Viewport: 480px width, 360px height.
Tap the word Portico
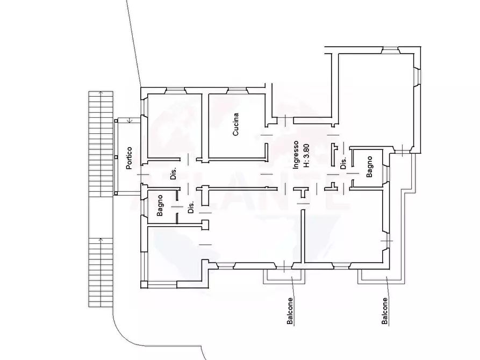click(x=129, y=159)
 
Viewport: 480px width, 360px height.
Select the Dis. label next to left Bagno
click(x=191, y=207)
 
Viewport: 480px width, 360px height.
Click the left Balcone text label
click(x=290, y=311)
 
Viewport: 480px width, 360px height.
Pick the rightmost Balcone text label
click(x=385, y=311)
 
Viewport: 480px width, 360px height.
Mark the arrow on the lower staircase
click(x=101, y=240)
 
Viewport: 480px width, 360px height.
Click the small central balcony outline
click(x=284, y=276)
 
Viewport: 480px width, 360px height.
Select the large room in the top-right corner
click(x=376, y=99)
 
